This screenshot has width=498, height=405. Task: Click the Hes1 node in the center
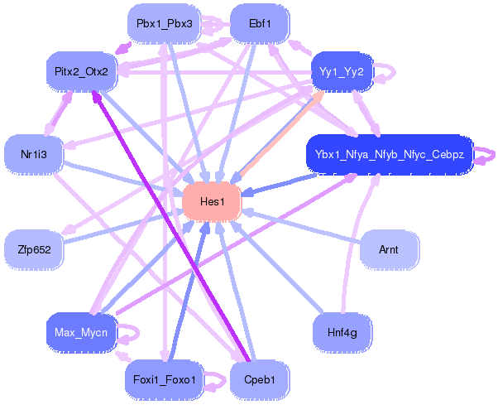tap(212, 201)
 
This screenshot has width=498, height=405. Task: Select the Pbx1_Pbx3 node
tap(164, 23)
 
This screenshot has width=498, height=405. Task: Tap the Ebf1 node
tap(260, 23)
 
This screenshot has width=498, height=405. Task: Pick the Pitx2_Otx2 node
tap(82, 71)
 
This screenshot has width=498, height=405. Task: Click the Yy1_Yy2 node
tap(342, 71)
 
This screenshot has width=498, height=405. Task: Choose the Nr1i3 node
tap(34, 154)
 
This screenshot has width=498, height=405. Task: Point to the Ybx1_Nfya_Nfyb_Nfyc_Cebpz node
tap(390, 154)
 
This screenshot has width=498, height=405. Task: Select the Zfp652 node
tap(34, 249)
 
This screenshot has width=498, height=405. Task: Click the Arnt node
tap(389, 249)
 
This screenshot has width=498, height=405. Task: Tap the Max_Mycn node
tap(82, 332)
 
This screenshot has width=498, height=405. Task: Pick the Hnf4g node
tap(342, 332)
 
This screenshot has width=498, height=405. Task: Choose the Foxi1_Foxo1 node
tap(164, 379)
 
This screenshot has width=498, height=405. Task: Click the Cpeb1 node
tap(260, 379)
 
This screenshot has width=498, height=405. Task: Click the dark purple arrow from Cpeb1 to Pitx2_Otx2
tap(170, 226)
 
